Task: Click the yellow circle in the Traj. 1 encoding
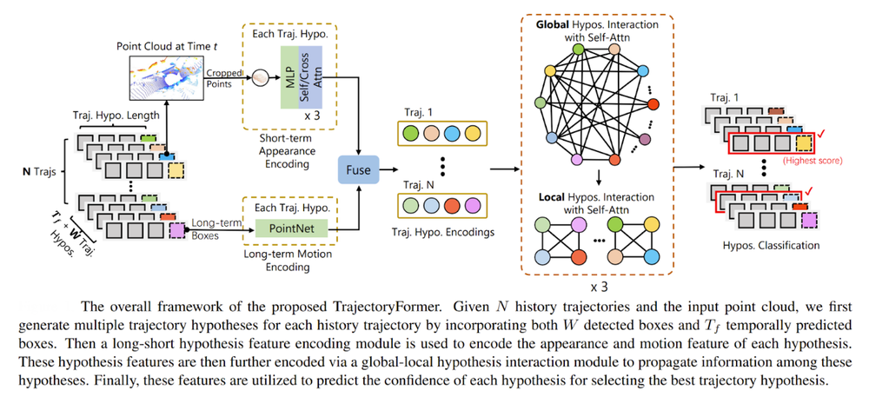point(473,136)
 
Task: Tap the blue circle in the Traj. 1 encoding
point(451,136)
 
